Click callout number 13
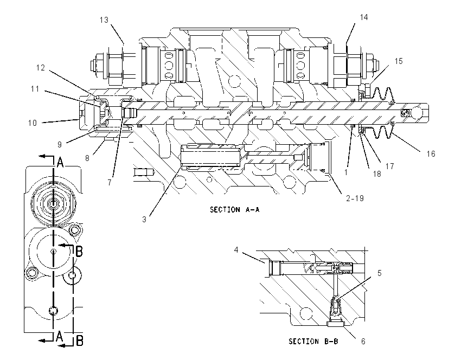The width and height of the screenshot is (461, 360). (104, 20)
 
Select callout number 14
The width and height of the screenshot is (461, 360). (364, 17)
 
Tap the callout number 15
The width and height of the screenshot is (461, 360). (399, 61)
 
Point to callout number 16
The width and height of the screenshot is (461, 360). (431, 153)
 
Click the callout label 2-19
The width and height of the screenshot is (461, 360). (355, 198)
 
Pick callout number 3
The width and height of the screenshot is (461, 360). (144, 220)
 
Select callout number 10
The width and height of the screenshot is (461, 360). (33, 123)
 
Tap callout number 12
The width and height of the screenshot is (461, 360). (41, 68)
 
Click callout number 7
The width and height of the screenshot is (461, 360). (110, 183)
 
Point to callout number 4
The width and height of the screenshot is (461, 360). (236, 250)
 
